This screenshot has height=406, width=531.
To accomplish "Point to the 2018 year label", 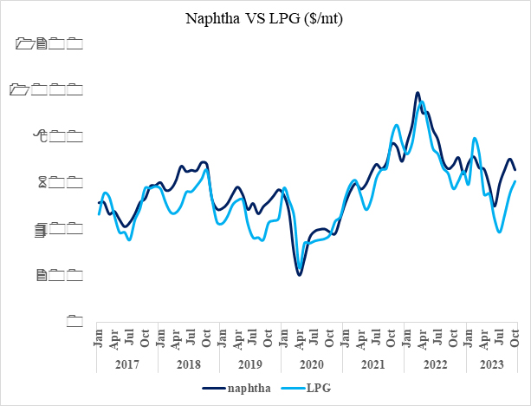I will (188, 361).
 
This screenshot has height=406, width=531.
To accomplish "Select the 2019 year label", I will (250, 361).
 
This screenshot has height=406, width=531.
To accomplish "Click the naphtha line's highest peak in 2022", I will (418, 92).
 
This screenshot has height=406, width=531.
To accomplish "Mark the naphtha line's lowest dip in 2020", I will (300, 275).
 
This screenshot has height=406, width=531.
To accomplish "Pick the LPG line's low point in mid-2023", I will (500, 232).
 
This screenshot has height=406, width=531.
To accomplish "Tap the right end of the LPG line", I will (516, 181).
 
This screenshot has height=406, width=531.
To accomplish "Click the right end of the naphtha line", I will (515, 170).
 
